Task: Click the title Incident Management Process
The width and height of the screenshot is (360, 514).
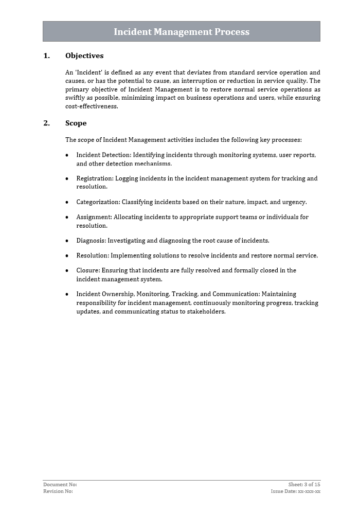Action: [x=181, y=32]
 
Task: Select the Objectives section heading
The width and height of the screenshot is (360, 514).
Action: [x=84, y=56]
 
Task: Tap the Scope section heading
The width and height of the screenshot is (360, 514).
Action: [x=76, y=123]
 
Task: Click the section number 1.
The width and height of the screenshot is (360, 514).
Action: [x=46, y=56]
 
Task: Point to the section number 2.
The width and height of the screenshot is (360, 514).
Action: [x=46, y=123]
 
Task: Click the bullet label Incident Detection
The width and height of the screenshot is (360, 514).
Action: [x=103, y=155]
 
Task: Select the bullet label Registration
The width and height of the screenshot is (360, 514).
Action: [x=95, y=178]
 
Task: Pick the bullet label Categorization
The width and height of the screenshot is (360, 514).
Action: [x=98, y=202]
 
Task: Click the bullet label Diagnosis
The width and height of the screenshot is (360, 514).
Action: [x=91, y=241]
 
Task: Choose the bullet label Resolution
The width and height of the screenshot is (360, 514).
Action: [x=93, y=255]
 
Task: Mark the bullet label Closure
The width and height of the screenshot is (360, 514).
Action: [x=88, y=270]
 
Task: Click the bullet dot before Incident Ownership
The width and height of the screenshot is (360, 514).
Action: [x=67, y=295]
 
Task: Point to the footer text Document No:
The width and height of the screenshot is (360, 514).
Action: [x=60, y=484]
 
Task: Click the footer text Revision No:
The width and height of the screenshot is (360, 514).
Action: [x=58, y=491]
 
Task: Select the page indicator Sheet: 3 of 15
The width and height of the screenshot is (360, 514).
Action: [x=304, y=484]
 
